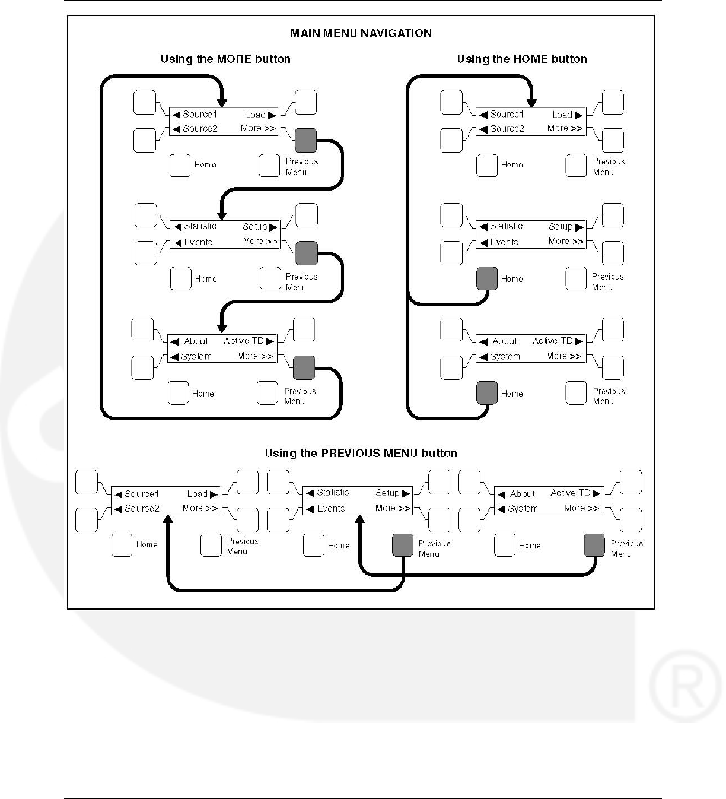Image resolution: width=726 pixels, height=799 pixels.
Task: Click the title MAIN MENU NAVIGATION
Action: coord(361,33)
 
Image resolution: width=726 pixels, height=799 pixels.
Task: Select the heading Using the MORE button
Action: coord(225,59)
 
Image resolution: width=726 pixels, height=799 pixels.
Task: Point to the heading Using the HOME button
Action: coord(522,59)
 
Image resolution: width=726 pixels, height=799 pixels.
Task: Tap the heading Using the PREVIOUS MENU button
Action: coord(361,453)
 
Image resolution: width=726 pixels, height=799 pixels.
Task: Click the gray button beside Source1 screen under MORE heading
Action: coord(306,140)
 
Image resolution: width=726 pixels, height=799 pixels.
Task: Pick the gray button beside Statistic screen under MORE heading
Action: coord(307,253)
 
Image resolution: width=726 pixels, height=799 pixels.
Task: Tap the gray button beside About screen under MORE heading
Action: coord(304,367)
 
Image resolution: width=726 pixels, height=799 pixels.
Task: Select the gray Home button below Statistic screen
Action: coord(487,278)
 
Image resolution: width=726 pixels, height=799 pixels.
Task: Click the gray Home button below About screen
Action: coord(487,393)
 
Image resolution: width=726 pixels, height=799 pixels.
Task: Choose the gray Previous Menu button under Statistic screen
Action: coord(403,546)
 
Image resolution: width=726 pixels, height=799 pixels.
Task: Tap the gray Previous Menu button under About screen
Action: coord(594,546)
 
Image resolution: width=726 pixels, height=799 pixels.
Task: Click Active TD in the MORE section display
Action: coord(244,341)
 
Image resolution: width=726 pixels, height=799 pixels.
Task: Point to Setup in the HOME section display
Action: coord(561,226)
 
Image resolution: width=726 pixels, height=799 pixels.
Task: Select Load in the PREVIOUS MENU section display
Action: coord(197,493)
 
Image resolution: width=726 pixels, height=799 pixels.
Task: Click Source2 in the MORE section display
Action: coord(200,128)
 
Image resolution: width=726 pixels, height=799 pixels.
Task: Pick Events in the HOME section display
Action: coord(504,242)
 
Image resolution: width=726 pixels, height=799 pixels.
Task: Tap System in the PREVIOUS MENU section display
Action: coord(523,508)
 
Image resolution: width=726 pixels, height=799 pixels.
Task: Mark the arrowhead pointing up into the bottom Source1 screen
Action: coord(168,519)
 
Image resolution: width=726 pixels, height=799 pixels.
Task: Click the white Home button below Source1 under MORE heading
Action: coord(180,165)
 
